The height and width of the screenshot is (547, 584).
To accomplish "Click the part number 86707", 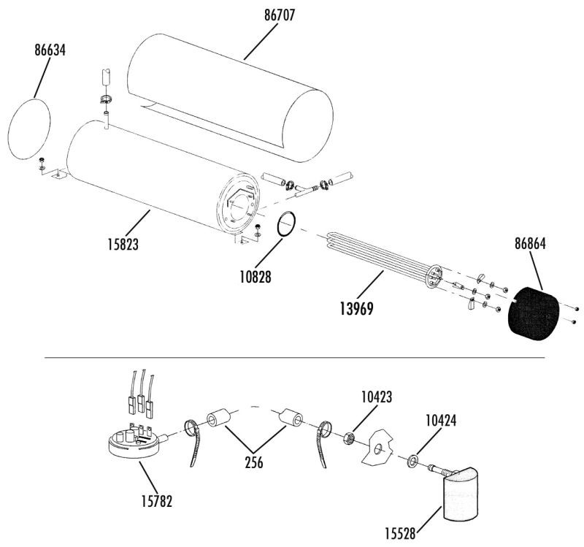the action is pos(280,15).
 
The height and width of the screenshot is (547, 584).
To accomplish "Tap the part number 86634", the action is pos(50,50).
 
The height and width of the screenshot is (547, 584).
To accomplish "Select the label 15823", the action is pos(123,245).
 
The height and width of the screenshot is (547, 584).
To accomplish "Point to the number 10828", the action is pos(255,277).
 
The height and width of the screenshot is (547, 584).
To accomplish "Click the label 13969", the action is pos(356,309).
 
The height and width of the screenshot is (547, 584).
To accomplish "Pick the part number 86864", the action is pos(531,244).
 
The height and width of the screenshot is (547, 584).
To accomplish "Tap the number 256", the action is pos(254,462).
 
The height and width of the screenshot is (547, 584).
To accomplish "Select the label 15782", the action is pos(157,502).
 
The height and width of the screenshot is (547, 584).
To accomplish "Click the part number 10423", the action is pos(377,397).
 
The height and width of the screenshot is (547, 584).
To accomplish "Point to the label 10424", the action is pos(441,421).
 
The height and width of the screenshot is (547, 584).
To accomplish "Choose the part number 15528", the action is pos(400,534).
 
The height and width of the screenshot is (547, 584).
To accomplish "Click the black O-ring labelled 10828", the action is pos(277,224).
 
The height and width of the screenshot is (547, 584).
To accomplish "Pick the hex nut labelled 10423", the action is pos(348,438).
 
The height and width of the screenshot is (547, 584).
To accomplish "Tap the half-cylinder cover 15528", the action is pos(461,494).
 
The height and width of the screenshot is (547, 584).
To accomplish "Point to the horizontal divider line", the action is pos(295,357).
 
